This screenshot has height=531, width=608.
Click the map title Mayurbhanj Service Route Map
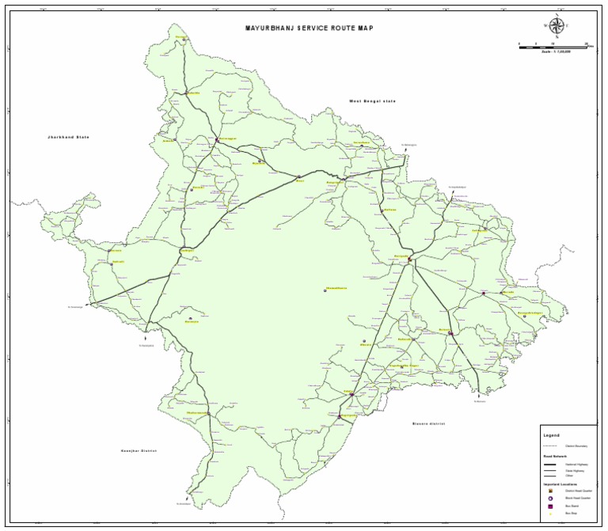[310, 28]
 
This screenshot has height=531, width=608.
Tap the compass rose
[557, 26]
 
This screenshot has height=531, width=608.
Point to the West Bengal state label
[372, 101]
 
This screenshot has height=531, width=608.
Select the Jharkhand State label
[68, 138]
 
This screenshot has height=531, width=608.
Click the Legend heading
[551, 435]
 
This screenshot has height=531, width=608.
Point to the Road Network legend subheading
[556, 457]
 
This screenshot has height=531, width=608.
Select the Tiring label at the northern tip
[182, 36]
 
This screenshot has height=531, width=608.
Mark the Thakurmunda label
[198, 412]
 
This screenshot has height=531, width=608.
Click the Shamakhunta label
[336, 288]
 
